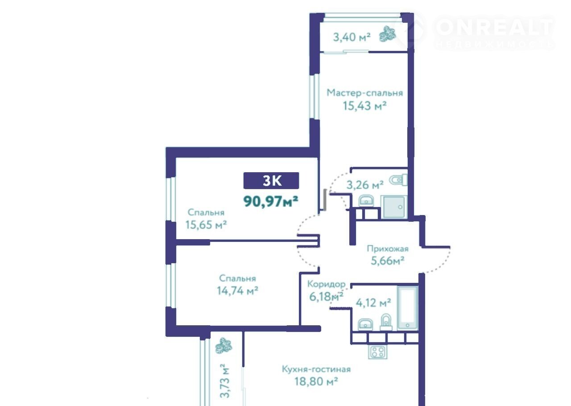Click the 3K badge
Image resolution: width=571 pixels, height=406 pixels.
(271, 181)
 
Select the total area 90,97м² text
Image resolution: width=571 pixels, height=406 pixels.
(271, 201)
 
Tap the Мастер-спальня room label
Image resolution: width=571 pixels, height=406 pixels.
(365, 93)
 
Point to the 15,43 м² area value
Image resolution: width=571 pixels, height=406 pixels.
(365, 106)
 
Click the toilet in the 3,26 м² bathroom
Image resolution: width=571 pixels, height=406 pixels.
(398, 180)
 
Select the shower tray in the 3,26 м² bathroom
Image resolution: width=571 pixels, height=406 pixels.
(394, 207)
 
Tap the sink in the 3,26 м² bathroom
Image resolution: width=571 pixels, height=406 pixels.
(366, 201)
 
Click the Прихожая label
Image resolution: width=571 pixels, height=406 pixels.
(388, 249)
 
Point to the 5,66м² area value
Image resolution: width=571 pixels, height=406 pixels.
(388, 261)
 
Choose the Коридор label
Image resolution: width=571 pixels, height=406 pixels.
(326, 284)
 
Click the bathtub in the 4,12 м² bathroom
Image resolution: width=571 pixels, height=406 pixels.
(408, 307)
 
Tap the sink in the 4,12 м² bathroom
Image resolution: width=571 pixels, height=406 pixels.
(365, 324)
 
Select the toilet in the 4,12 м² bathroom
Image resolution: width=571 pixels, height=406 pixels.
(386, 322)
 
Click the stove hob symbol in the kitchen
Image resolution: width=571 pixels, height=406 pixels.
(377, 352)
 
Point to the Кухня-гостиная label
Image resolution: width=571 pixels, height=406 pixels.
(316, 369)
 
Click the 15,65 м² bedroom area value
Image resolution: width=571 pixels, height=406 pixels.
(206, 225)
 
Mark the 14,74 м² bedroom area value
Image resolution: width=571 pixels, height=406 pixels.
(238, 290)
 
